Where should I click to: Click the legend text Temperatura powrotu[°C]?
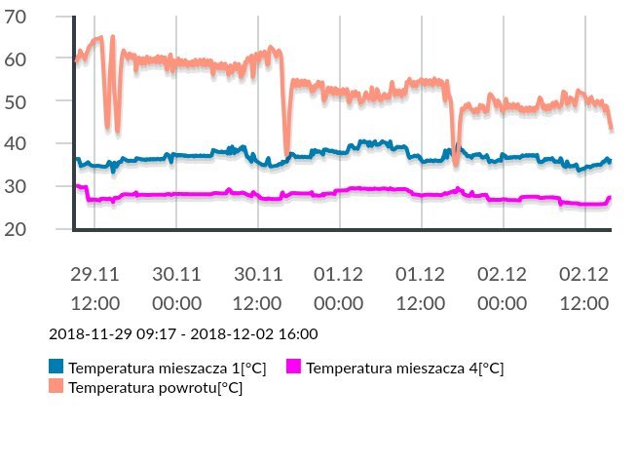point(155,387)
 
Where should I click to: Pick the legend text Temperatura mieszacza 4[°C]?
point(404,368)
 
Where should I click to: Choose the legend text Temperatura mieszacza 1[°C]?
point(167,368)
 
